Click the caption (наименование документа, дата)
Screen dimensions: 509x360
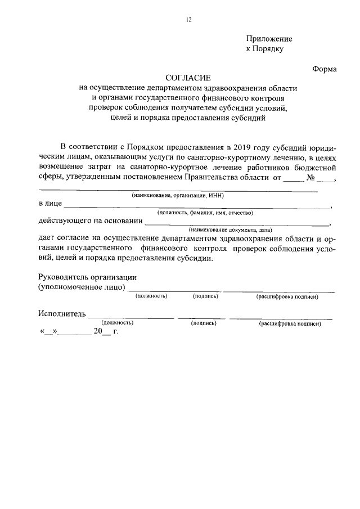231,231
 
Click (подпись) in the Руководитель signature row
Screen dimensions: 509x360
205,296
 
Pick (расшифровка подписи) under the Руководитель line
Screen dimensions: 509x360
287,296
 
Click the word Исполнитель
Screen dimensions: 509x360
62,313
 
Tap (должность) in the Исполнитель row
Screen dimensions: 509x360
117,323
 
